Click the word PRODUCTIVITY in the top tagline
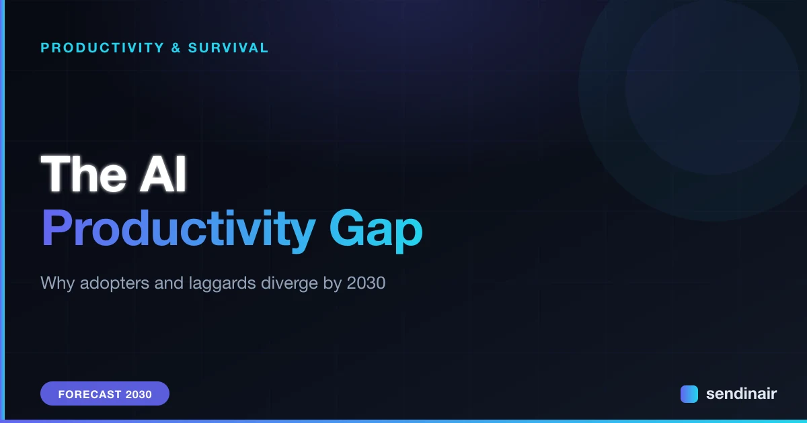[x=103, y=48]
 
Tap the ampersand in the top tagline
[x=176, y=48]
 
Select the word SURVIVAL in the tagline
[x=228, y=48]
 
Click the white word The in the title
[x=83, y=174]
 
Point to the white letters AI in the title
[x=163, y=174]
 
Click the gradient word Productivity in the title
[x=179, y=230]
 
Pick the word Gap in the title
[x=376, y=230]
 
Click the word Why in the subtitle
[x=58, y=283]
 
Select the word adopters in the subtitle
[x=114, y=283]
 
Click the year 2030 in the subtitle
[x=366, y=283]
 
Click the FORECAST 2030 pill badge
[x=105, y=393]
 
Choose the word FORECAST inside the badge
[x=89, y=394]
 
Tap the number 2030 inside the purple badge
[x=139, y=394]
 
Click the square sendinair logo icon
[x=689, y=394]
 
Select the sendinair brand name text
[x=741, y=393]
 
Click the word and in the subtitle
[x=169, y=283]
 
